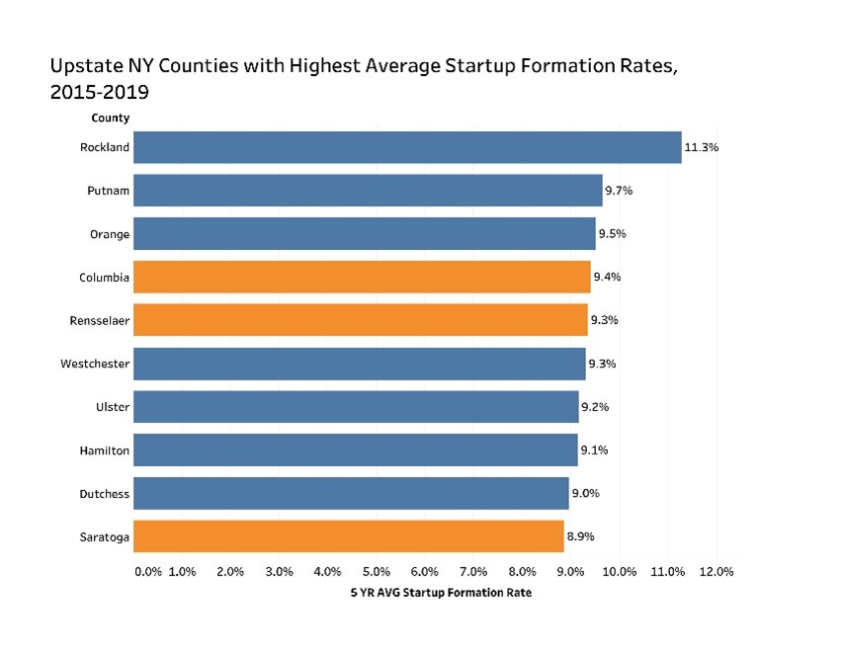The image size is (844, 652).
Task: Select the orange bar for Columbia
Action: pyautogui.click(x=362, y=278)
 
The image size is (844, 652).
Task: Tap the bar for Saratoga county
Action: pyautogui.click(x=349, y=536)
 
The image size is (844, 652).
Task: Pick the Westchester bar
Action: pyautogui.click(x=360, y=364)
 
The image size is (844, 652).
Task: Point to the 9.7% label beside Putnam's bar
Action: pyautogui.click(x=620, y=191)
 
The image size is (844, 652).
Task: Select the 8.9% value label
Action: pyautogui.click(x=580, y=536)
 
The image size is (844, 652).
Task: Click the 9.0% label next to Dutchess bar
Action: pyautogui.click(x=586, y=493)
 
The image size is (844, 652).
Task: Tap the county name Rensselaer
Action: pyautogui.click(x=100, y=320)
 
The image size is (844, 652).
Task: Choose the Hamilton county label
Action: pyautogui.click(x=104, y=450)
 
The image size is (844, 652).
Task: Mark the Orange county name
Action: pyautogui.click(x=109, y=234)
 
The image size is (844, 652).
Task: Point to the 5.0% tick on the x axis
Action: pyautogui.click(x=377, y=572)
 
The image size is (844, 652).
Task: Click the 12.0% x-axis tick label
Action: pyautogui.click(x=717, y=572)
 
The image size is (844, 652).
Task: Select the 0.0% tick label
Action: pyautogui.click(x=147, y=572)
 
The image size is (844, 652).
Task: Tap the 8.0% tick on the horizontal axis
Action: pyautogui.click(x=522, y=572)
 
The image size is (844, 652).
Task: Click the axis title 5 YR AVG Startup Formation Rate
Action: pyautogui.click(x=441, y=593)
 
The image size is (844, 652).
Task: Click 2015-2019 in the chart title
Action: pyautogui.click(x=99, y=92)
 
